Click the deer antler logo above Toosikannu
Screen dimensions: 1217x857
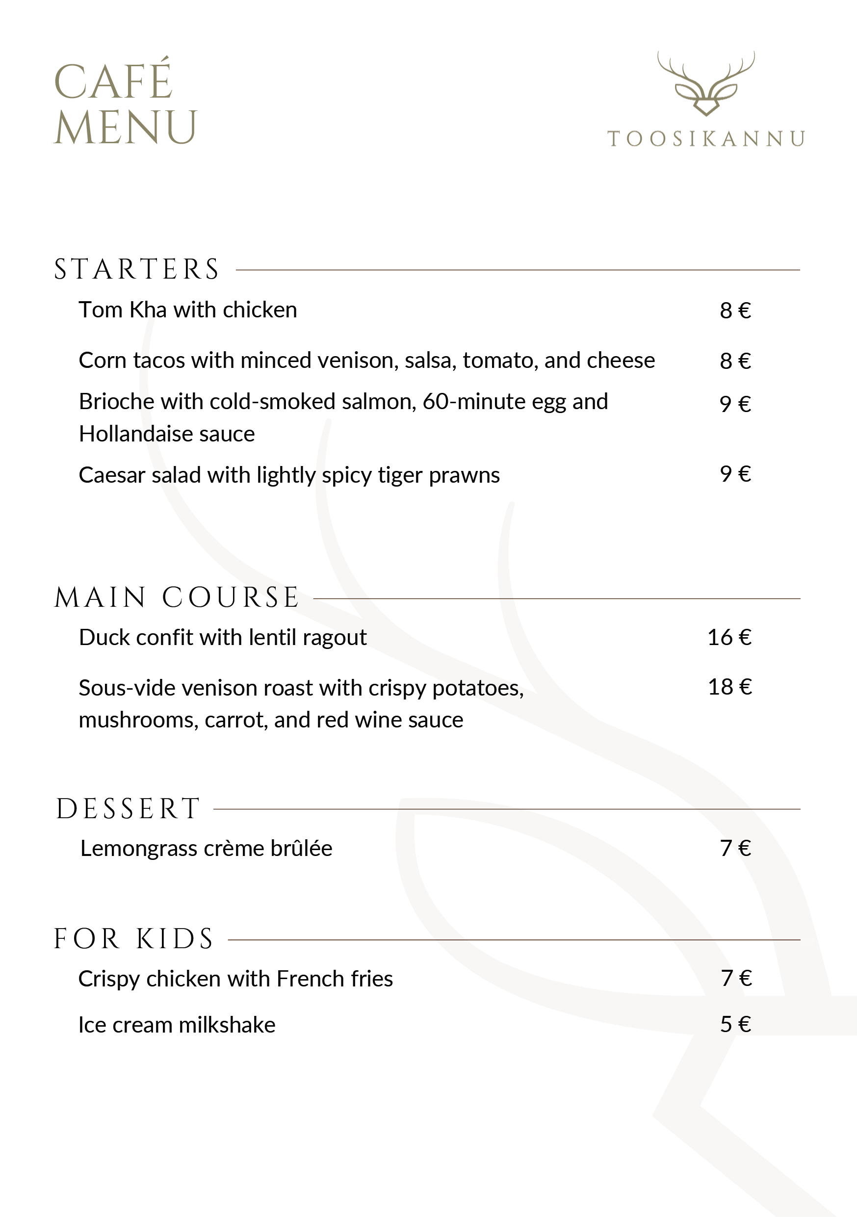[x=706, y=84]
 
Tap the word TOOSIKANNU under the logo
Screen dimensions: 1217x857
[x=706, y=139]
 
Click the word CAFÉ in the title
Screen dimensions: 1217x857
[x=113, y=81]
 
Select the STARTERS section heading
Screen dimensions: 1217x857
[x=137, y=269]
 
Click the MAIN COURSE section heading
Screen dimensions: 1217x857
[x=177, y=598]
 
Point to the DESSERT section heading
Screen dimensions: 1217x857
[x=128, y=809]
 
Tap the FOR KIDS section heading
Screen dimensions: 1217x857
[x=133, y=939]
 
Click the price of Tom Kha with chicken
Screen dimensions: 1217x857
[x=735, y=311]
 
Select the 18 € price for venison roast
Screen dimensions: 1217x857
[x=730, y=687]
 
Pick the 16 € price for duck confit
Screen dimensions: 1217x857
[x=729, y=637]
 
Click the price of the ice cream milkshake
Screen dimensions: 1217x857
[x=735, y=1025]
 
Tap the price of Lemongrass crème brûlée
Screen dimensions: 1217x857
[x=735, y=848]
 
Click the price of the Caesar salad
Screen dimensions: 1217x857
[x=735, y=474]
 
